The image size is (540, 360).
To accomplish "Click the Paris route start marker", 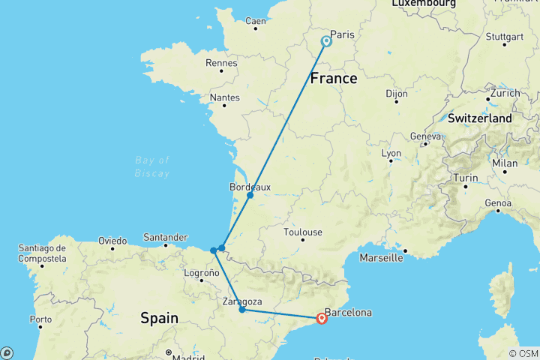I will click(x=326, y=41).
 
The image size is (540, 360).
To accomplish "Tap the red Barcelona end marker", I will click(x=322, y=318).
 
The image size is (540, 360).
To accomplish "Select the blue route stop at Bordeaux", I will click(x=250, y=195).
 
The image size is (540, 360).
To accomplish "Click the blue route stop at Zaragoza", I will click(x=241, y=309).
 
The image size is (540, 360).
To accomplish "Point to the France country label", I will click(x=333, y=77).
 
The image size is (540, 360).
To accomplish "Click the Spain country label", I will click(x=160, y=318).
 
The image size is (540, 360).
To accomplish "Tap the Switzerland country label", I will click(x=480, y=118).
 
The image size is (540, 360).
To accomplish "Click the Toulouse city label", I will click(x=303, y=232).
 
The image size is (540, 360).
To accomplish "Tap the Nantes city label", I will click(x=225, y=97).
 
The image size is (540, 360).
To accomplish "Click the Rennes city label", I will click(x=223, y=63).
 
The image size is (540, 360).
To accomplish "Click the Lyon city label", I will click(x=391, y=152).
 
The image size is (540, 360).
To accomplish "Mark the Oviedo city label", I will click(x=112, y=241).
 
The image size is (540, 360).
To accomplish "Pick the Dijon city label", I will click(x=396, y=94).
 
